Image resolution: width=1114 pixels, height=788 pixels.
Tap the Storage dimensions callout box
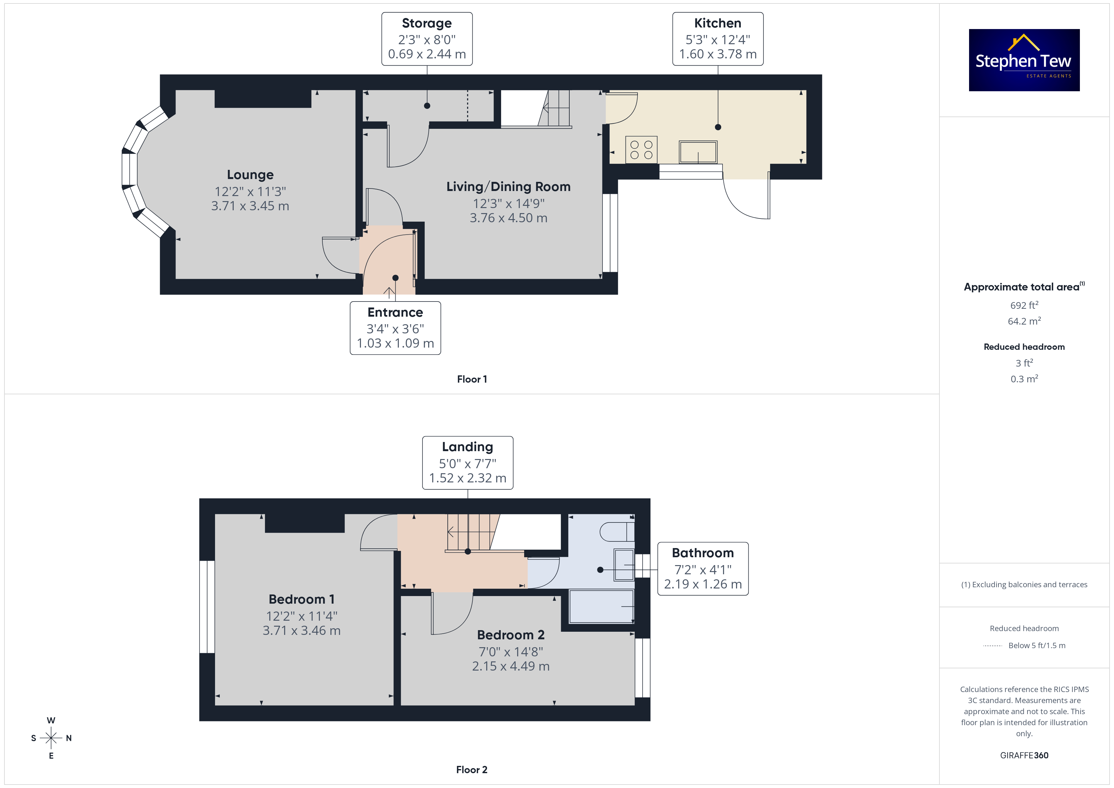pos(427,39)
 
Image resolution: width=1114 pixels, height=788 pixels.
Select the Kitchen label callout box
pos(718,39)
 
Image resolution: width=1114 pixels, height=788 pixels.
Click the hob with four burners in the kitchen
pos(641,149)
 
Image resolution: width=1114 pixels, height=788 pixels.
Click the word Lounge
pos(250,175)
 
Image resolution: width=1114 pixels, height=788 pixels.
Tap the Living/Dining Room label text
pos(508,187)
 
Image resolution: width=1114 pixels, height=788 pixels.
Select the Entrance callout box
pos(395,328)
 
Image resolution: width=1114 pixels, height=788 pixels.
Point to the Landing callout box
pos(468,463)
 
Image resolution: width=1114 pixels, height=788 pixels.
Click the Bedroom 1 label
pos(302,599)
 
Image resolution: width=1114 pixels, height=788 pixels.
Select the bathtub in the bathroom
pos(602,606)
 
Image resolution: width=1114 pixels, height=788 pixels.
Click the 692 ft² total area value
pos(1024,305)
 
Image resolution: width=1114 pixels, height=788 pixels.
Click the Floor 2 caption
pos(472,770)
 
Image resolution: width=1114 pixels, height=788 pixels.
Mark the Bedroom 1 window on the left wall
pos(207,607)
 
